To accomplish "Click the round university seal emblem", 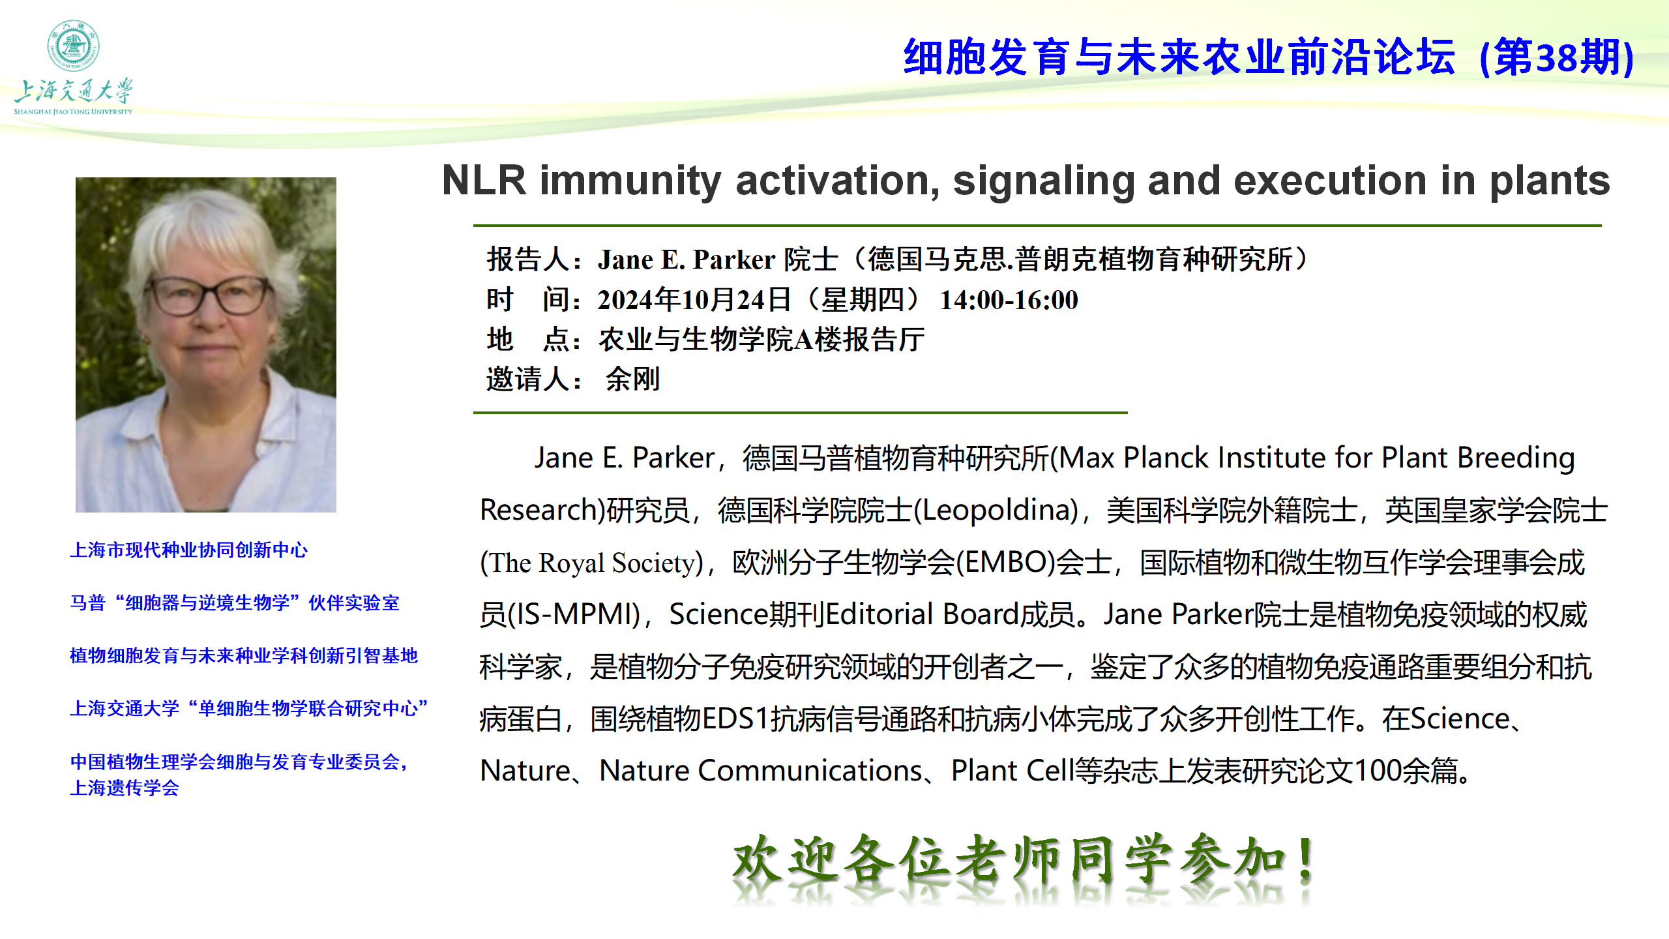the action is click(x=73, y=45).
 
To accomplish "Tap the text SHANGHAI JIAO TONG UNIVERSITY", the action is click(x=73, y=112).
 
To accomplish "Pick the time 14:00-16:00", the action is click(x=1009, y=300).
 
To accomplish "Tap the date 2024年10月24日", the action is click(x=694, y=300).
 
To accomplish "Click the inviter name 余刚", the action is click(x=632, y=379).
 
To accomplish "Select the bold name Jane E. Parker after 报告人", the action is click(x=687, y=260).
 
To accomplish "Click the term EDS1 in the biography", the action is click(x=736, y=719).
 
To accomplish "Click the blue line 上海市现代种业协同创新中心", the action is click(x=188, y=550).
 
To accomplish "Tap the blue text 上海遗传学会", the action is click(x=125, y=788).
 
